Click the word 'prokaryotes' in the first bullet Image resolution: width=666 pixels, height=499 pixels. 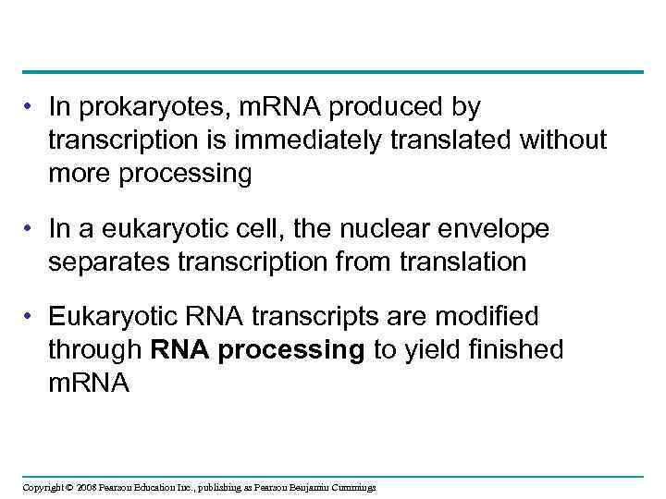[153, 108]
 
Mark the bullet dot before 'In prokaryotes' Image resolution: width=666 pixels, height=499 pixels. [31, 108]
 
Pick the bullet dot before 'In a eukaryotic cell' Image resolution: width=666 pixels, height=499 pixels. [31, 228]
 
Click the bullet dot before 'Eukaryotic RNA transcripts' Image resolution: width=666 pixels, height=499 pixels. [31, 317]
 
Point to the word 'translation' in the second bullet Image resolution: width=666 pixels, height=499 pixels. [463, 262]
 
